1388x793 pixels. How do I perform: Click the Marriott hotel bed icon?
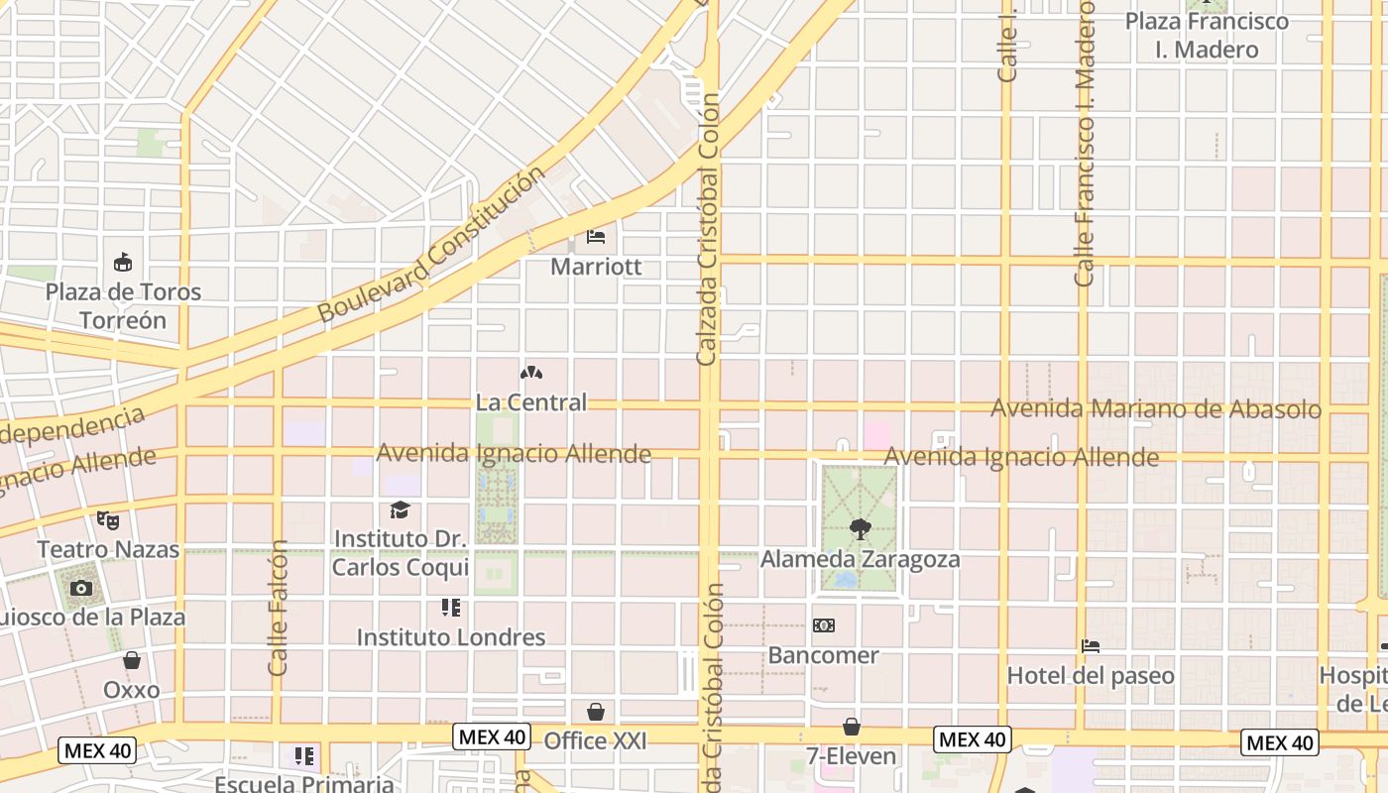point(596,237)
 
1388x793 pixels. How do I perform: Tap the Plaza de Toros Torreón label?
point(123,305)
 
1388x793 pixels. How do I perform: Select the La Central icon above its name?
point(531,374)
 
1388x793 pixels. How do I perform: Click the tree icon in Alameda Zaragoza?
point(860,529)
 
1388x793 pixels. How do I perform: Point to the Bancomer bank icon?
point(823,625)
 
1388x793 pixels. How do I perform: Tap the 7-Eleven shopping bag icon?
point(851,727)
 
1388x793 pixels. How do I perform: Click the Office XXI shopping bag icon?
point(596,712)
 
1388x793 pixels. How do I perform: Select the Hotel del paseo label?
point(1091,675)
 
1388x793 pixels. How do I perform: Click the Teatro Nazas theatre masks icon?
point(107,519)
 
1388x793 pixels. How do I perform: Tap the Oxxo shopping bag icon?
point(132,660)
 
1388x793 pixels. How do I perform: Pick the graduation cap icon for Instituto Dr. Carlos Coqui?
point(400,510)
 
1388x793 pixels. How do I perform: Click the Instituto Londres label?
point(451,637)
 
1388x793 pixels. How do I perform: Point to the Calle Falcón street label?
point(279,608)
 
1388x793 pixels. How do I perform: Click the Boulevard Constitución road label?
point(431,245)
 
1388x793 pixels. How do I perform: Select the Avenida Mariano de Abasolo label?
point(1156,408)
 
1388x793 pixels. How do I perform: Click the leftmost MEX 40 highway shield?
point(98,750)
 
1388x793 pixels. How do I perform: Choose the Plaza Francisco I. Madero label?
point(1207,35)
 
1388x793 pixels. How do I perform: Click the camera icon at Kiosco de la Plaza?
point(81,589)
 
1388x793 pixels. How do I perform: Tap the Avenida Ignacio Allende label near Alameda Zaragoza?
point(1021,457)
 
